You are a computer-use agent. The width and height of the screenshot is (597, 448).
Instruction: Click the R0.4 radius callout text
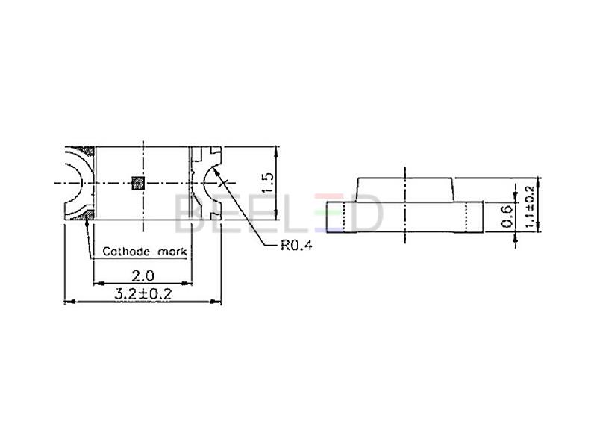296,246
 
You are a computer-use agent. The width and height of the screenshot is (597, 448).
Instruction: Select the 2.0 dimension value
143,275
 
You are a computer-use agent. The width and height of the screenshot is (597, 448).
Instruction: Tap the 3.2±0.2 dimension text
143,293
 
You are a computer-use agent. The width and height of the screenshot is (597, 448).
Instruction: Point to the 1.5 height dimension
268,183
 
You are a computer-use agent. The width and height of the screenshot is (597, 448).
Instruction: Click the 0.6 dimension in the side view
507,216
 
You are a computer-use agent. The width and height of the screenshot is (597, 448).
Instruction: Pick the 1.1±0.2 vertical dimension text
530,207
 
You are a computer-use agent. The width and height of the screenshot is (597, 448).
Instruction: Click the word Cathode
126,252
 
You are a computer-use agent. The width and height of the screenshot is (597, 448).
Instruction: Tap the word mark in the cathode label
172,252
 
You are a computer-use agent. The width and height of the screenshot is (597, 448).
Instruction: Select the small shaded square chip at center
138,183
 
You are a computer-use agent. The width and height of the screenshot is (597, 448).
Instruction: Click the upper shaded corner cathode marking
87,152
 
